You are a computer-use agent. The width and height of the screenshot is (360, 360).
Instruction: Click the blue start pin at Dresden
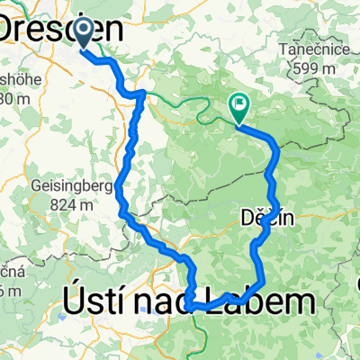pyautogui.click(x=83, y=33)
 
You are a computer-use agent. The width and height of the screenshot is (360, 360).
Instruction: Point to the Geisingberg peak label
pyautogui.click(x=80, y=186)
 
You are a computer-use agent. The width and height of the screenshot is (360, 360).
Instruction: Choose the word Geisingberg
pyautogui.click(x=80, y=186)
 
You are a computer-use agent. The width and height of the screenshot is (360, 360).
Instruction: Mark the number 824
pyautogui.click(x=76, y=204)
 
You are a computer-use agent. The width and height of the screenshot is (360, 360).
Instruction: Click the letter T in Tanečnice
pyautogui.click(x=283, y=49)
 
